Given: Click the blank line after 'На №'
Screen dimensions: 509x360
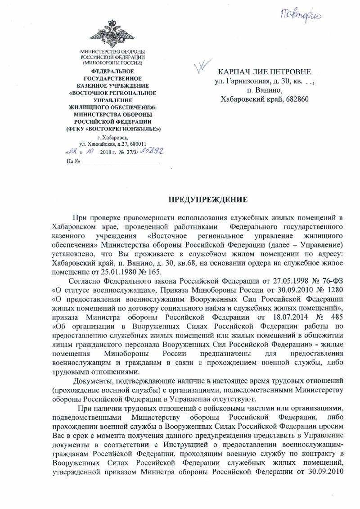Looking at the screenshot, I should click(121, 161).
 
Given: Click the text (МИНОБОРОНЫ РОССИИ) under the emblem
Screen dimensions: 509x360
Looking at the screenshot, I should click(112, 63).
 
